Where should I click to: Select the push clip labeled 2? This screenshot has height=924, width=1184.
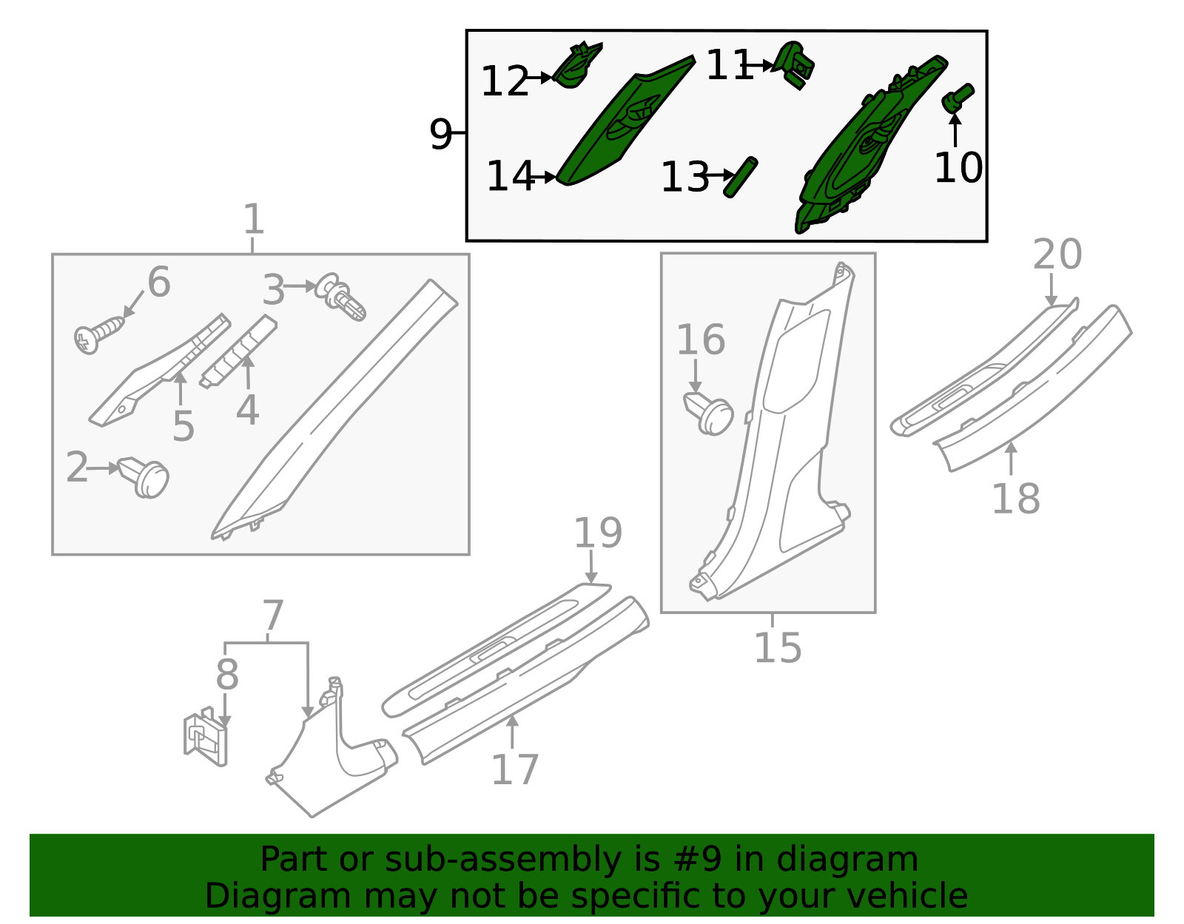[144, 477]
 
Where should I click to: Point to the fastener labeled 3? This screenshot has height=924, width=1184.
[341, 297]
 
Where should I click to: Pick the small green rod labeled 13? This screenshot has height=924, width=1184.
[740, 177]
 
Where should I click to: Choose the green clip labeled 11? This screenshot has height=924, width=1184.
[795, 64]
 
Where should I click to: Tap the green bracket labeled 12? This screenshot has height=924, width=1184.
[577, 64]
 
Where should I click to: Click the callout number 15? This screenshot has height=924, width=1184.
[778, 648]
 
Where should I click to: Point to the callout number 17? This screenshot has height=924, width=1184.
[514, 770]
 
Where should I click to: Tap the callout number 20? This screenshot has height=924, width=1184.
[1057, 254]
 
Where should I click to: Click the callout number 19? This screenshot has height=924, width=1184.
[598, 533]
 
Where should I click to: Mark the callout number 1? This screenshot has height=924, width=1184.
[253, 219]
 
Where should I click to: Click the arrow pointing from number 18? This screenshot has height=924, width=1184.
[1011, 459]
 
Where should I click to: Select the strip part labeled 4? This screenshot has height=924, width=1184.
[238, 351]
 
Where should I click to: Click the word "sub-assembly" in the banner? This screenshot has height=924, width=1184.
[502, 860]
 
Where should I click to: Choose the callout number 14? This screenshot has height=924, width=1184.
[509, 176]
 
